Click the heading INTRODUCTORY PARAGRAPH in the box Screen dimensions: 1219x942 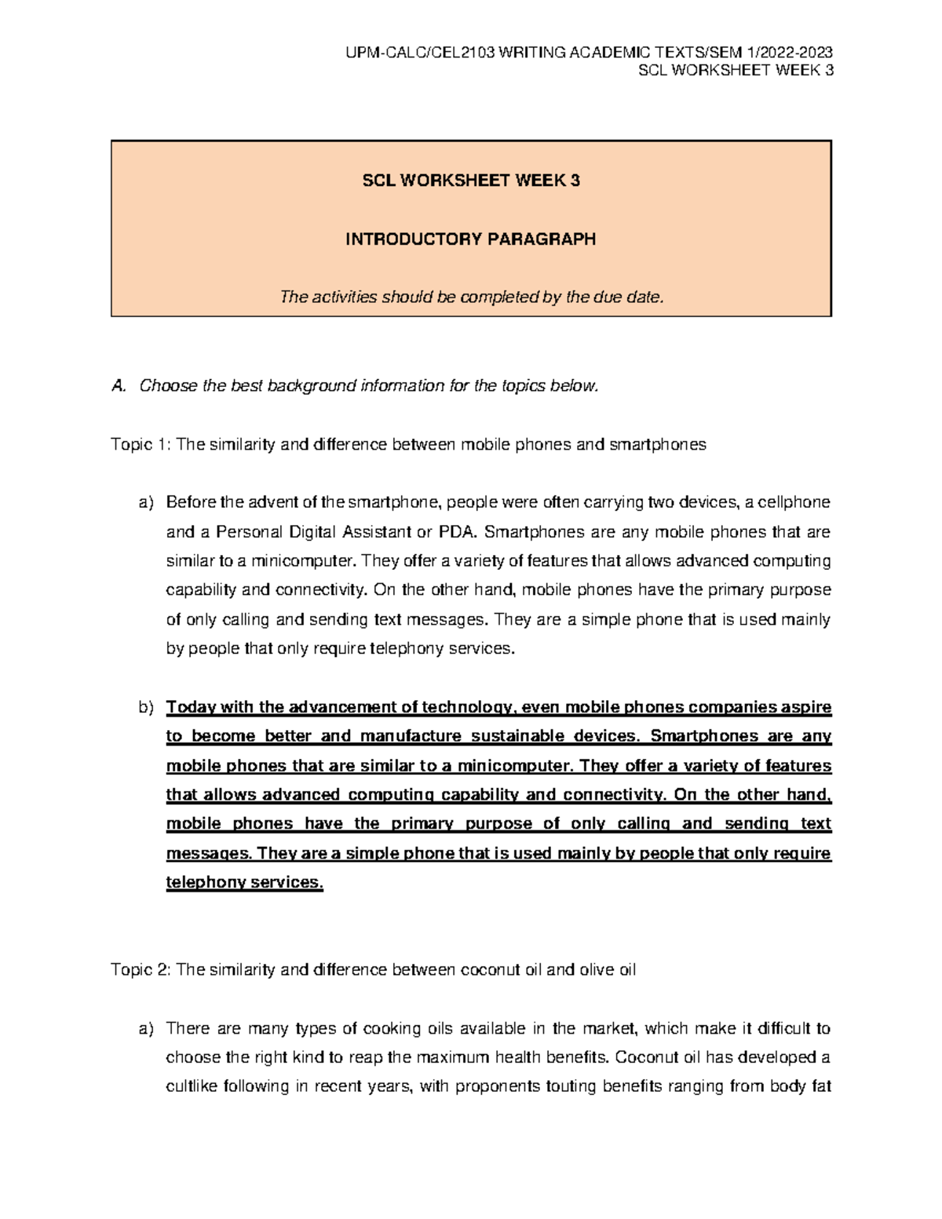click(470, 239)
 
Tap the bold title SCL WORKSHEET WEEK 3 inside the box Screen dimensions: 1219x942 click(470, 181)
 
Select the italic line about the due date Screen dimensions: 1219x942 click(472, 297)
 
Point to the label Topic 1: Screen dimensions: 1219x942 click(141, 444)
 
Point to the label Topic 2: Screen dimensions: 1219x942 click(141, 969)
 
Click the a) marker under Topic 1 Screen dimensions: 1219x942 click(146, 502)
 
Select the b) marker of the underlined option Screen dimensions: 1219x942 click(146, 707)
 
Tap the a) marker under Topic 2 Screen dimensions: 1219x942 click(146, 1028)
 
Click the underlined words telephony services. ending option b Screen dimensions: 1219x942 click(244, 882)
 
